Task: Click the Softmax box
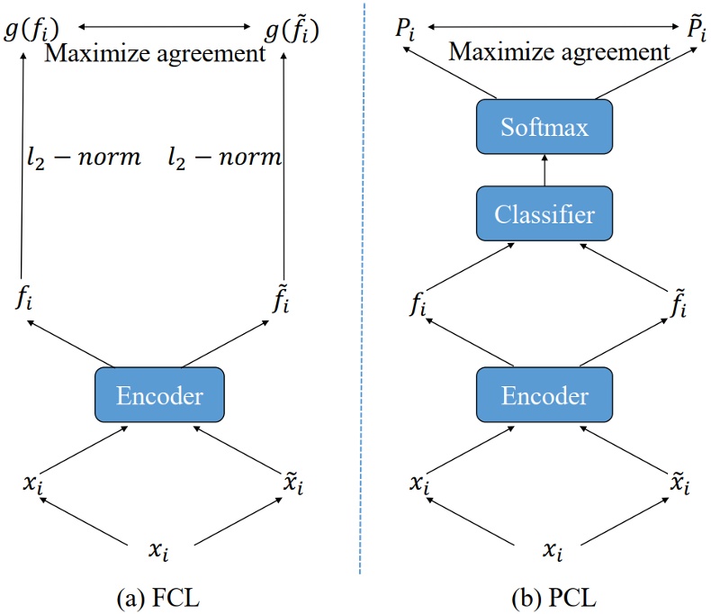[544, 126]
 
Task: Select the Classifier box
[544, 214]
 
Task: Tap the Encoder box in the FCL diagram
[158, 394]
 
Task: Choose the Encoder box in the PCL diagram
[544, 394]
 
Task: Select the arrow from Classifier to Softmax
[544, 170]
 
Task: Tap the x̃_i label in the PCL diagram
[680, 483]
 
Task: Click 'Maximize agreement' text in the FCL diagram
[156, 54]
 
